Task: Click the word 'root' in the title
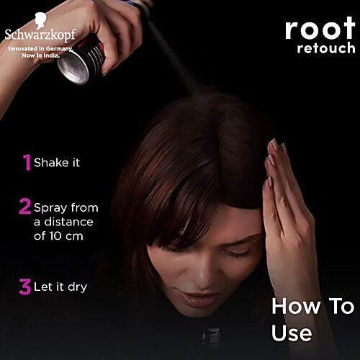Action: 319,29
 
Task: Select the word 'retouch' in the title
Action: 325,49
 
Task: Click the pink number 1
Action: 27,163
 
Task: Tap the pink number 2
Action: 25,207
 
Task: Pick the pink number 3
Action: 25,287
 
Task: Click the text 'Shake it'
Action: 57,163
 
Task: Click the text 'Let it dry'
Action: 61,287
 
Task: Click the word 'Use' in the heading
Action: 291,333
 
